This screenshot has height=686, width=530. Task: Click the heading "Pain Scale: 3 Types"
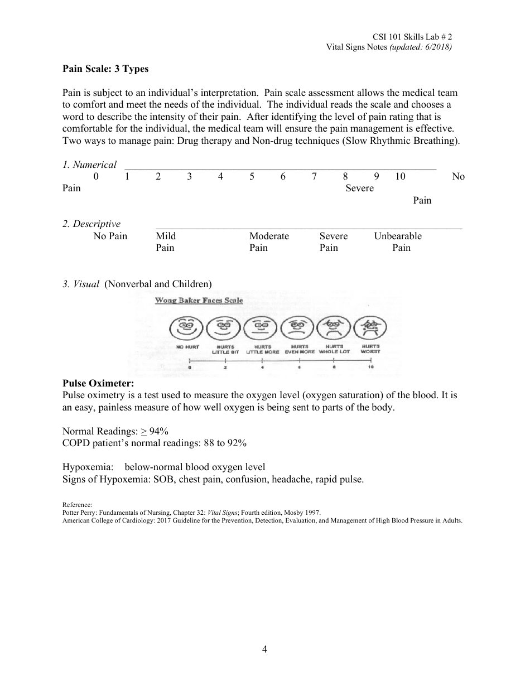[x=105, y=69]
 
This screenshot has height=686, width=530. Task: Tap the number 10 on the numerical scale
[x=400, y=176]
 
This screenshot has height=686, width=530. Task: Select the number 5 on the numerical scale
[x=252, y=176]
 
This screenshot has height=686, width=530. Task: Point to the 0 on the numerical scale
[x=96, y=176]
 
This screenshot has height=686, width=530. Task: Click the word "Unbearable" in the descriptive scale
[x=398, y=236]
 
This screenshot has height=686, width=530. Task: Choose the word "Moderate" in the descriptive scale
[x=269, y=236]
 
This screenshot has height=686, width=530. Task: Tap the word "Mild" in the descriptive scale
[x=166, y=236]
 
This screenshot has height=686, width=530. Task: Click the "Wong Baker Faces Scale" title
[x=199, y=301]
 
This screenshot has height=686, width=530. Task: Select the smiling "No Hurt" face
[x=187, y=328]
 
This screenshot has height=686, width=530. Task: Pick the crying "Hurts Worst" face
[x=370, y=328]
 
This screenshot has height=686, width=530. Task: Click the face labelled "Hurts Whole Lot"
[x=334, y=328]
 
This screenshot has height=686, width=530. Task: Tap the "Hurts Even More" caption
[x=300, y=349]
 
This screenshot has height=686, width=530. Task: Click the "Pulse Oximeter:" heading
[x=98, y=384]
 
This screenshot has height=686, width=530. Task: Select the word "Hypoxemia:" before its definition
[x=88, y=467]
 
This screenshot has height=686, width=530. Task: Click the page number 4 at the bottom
[x=264, y=649]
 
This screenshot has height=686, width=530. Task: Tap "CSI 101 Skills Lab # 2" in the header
[x=413, y=37]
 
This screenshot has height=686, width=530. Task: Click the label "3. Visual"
[x=81, y=284]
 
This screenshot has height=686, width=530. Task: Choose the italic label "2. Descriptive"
[x=91, y=224]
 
